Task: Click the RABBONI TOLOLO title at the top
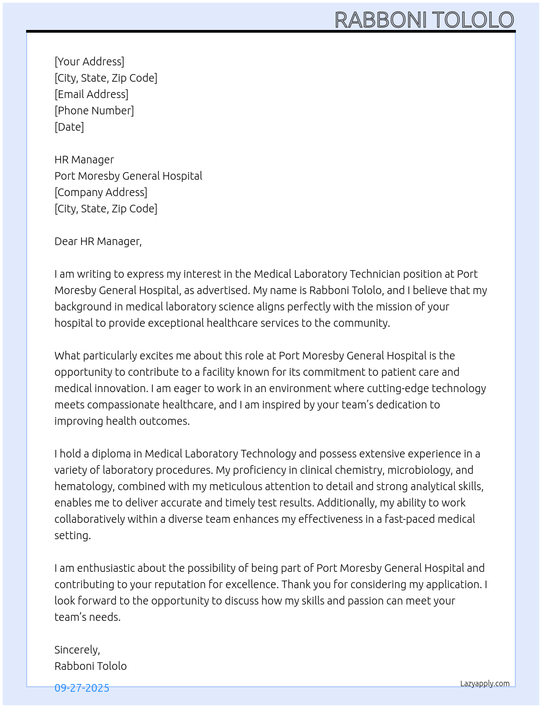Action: coord(424,20)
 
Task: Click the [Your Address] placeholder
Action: coord(89,62)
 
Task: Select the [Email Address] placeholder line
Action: coord(91,94)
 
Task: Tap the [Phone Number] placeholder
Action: coord(94,111)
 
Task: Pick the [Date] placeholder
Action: coord(69,127)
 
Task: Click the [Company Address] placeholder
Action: coord(101,192)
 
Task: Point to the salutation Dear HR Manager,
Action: coord(98,241)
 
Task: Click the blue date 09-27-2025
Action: coord(82,688)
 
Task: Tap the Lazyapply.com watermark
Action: coord(485,683)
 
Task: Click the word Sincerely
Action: coord(76,650)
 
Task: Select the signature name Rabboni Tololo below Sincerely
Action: coord(90,666)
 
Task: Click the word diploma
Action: coord(111,454)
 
